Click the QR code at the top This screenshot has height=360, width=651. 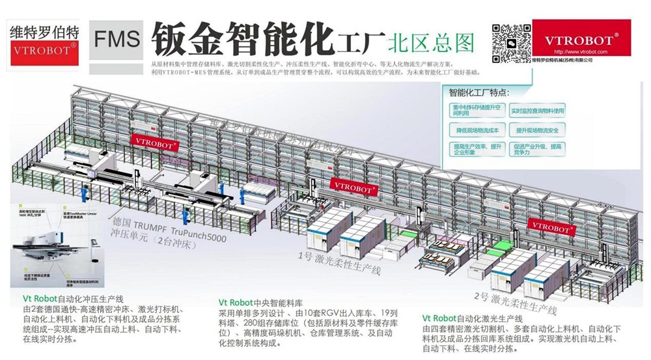[x=511, y=40]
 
